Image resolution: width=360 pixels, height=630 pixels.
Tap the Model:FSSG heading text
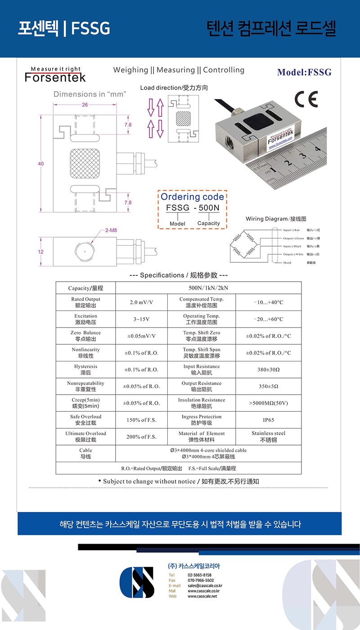click(x=304, y=72)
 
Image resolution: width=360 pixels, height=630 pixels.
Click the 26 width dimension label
click(x=85, y=105)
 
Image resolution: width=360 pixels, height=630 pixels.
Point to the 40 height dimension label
click(x=40, y=164)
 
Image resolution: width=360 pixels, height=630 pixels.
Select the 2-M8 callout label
click(x=112, y=230)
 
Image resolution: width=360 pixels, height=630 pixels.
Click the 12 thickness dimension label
click(x=40, y=252)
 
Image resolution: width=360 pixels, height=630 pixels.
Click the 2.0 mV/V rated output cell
click(x=141, y=302)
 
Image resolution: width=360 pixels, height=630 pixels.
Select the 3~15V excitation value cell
click(x=141, y=319)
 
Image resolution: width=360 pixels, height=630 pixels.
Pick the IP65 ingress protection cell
click(x=268, y=420)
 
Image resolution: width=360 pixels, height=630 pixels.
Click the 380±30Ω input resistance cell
click(x=268, y=369)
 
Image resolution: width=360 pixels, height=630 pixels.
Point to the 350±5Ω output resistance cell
click(x=268, y=386)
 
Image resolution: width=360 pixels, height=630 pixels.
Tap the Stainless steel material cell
click(x=268, y=436)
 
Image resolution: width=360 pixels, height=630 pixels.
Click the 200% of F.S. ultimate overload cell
click(x=141, y=436)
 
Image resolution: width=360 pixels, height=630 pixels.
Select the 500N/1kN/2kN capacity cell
click(x=208, y=288)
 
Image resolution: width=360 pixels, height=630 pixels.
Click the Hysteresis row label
click(x=85, y=369)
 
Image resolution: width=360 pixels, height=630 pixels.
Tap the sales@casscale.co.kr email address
click(x=205, y=586)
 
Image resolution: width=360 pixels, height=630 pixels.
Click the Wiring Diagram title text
click(x=276, y=219)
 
